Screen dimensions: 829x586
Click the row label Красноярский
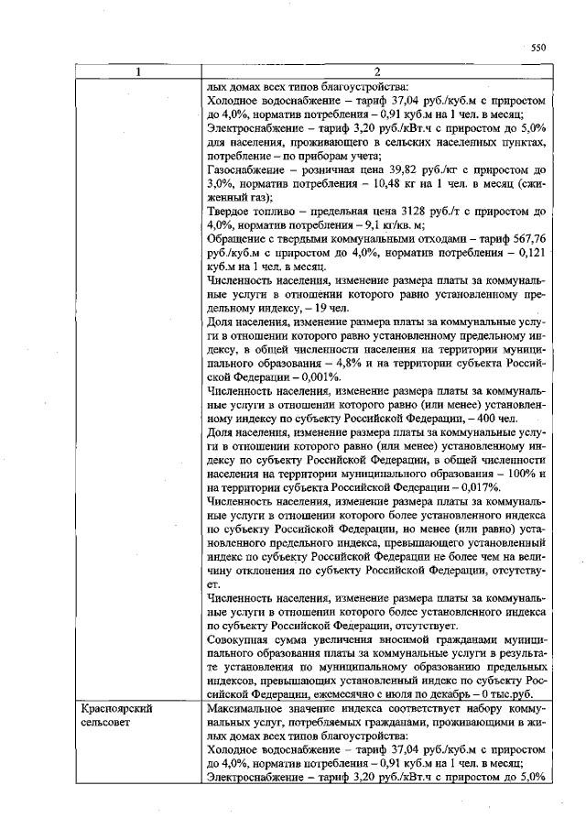116,709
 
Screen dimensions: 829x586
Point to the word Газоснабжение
249,169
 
